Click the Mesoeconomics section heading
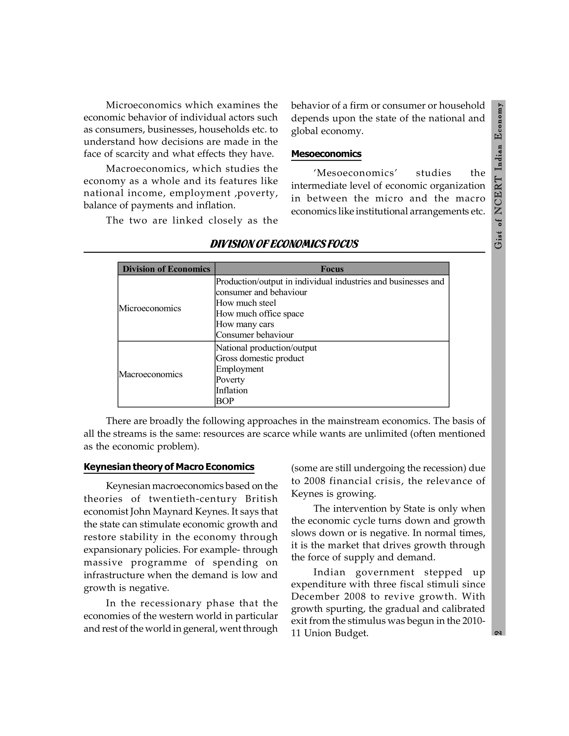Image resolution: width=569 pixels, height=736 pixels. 326,154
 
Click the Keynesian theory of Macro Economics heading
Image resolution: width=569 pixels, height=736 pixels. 169,467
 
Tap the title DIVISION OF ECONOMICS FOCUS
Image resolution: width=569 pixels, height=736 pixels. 284,244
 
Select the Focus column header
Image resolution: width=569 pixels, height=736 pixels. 332,269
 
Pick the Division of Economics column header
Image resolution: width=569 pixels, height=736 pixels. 166,269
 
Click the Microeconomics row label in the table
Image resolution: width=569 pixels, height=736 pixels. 150,308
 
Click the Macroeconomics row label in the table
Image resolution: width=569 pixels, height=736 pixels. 150,374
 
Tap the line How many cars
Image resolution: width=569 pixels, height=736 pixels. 245,324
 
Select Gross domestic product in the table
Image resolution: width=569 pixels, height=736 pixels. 260,358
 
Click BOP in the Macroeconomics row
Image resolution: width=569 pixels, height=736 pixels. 225,401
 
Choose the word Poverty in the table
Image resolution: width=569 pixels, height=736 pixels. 230,380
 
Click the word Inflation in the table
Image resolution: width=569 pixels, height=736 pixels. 232,390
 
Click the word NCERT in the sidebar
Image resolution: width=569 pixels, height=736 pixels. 498,196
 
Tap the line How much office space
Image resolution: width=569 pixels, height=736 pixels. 259,314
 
